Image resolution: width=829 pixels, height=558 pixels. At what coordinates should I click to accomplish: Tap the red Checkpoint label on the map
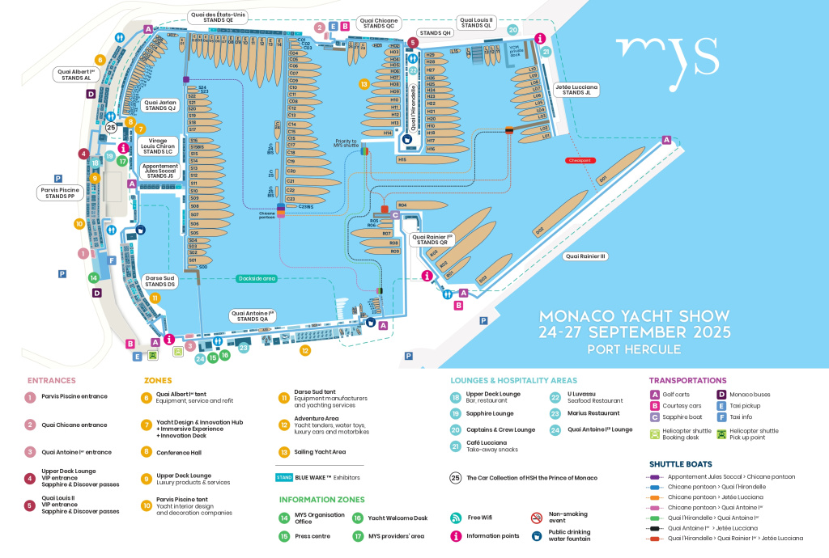tap(580, 160)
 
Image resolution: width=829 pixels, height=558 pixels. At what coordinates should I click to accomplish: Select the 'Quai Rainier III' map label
tap(585, 256)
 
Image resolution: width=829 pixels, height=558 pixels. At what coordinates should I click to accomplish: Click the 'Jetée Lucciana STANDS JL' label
tap(576, 89)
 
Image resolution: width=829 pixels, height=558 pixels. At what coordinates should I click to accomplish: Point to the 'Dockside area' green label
tap(257, 278)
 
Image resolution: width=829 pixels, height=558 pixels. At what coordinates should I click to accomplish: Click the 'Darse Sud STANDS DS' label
tap(160, 281)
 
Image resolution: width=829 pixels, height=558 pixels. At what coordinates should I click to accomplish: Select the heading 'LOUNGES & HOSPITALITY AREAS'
tap(513, 380)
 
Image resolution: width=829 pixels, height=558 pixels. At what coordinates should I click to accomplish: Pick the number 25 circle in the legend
tap(455, 478)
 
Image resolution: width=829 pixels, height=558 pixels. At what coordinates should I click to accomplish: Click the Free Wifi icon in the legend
tap(456, 518)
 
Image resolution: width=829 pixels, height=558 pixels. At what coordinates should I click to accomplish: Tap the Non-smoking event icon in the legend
tap(536, 518)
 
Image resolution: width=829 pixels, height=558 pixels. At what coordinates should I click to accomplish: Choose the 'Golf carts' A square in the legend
tap(655, 395)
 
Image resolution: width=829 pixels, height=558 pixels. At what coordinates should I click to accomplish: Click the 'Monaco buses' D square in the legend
tap(721, 395)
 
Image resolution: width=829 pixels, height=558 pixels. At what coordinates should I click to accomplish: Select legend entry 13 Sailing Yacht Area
tap(284, 452)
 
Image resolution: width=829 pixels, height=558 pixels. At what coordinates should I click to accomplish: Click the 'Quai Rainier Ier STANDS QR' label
tap(432, 239)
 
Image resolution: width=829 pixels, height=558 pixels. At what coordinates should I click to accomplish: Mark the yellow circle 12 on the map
tap(305, 351)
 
